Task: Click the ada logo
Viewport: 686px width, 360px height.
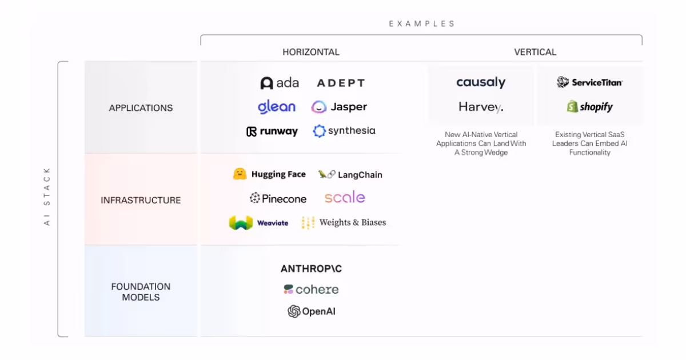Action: pyautogui.click(x=280, y=83)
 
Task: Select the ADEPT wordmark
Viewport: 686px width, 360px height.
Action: pyautogui.click(x=341, y=83)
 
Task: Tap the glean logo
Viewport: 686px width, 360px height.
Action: pyautogui.click(x=277, y=107)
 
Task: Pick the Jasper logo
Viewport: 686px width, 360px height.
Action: pyautogui.click(x=339, y=107)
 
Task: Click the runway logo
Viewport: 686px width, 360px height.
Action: pyautogui.click(x=272, y=131)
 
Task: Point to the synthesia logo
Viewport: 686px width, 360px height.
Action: pyautogui.click(x=344, y=131)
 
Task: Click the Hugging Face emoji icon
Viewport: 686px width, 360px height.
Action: pyautogui.click(x=240, y=174)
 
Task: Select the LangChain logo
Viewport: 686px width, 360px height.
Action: pyautogui.click(x=350, y=175)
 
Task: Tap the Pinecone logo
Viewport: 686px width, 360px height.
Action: pyautogui.click(x=278, y=199)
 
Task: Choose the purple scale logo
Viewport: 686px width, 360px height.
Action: pyautogui.click(x=345, y=198)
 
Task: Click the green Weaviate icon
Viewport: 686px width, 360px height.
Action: pyautogui.click(x=241, y=223)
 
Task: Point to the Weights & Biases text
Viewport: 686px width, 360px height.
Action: pyautogui.click(x=352, y=223)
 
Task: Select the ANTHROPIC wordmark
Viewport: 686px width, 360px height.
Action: pyautogui.click(x=311, y=269)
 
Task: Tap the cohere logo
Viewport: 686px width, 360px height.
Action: pyautogui.click(x=311, y=290)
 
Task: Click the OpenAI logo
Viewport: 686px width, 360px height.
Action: pyautogui.click(x=311, y=311)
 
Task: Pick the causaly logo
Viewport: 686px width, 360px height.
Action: pyautogui.click(x=481, y=83)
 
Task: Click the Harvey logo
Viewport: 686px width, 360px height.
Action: pyautogui.click(x=481, y=107)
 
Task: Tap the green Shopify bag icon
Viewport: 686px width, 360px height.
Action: pyautogui.click(x=572, y=107)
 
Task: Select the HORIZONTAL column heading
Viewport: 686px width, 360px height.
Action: pyautogui.click(x=311, y=52)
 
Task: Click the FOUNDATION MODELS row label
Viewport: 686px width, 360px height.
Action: pyautogui.click(x=141, y=292)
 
